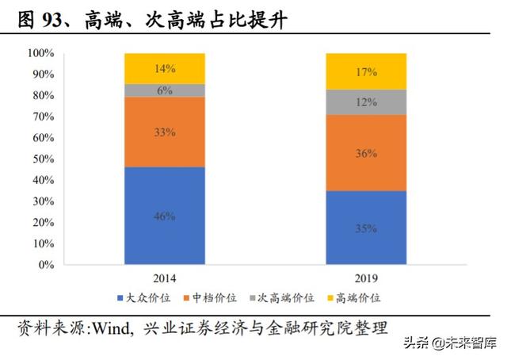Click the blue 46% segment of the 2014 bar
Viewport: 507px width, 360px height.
165,215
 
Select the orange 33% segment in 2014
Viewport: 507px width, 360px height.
165,132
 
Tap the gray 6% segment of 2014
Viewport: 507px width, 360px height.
165,90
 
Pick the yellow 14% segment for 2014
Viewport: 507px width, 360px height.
165,68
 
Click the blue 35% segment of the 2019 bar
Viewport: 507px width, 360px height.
366,228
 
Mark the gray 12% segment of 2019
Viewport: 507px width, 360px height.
366,101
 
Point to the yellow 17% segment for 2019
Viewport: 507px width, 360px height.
366,71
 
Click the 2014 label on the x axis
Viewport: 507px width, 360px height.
165,278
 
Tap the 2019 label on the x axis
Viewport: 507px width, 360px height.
366,278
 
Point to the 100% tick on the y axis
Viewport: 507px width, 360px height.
40,53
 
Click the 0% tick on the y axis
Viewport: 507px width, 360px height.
45,264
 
